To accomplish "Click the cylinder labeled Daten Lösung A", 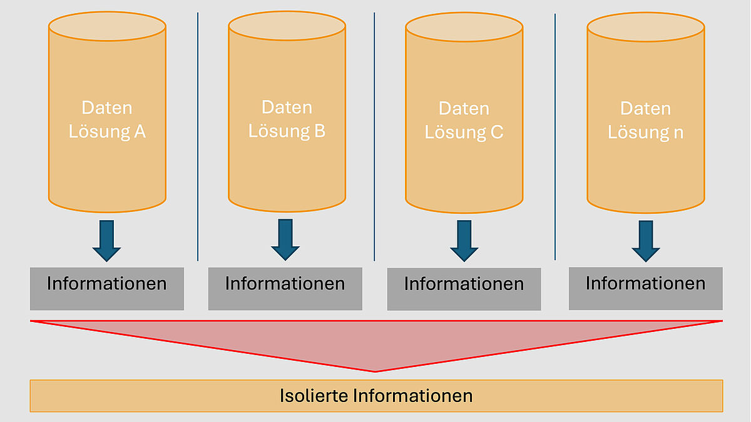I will [x=107, y=119].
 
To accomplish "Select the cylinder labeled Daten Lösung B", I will [x=287, y=119].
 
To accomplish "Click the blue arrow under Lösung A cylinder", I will [x=106, y=241].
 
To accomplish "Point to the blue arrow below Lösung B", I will [x=285, y=240].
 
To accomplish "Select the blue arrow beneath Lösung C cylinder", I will [x=464, y=241].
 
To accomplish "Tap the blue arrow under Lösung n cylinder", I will [x=645, y=241].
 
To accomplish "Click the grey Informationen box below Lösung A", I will [x=107, y=288].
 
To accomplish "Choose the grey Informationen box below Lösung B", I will [x=285, y=288].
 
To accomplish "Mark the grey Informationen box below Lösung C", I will [x=464, y=289].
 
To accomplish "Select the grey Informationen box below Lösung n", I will [x=645, y=288].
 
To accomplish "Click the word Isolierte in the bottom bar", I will [x=314, y=396].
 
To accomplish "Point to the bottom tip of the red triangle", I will [x=375, y=369].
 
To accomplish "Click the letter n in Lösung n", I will [x=678, y=133].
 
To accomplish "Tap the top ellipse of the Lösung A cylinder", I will [x=107, y=26].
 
